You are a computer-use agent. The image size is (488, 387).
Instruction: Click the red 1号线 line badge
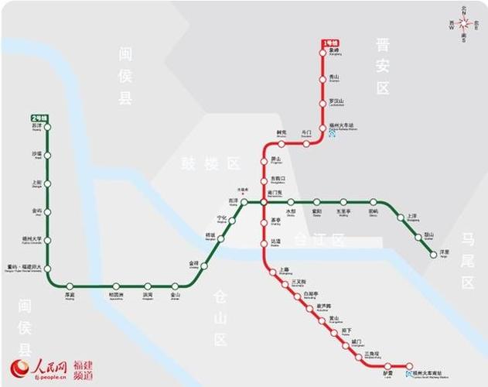[x=330, y=43]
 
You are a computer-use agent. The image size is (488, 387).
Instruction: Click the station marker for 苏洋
[x=48, y=127]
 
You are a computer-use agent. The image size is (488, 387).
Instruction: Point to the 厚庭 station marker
[x=70, y=286]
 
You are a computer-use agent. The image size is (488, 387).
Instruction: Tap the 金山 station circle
[x=176, y=286]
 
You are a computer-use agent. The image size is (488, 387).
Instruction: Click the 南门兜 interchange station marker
[x=264, y=202]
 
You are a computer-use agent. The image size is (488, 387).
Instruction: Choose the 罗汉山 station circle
[x=324, y=103]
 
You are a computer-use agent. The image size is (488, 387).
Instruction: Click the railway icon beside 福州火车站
[x=333, y=134]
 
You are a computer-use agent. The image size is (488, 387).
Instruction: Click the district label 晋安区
[x=383, y=67]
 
